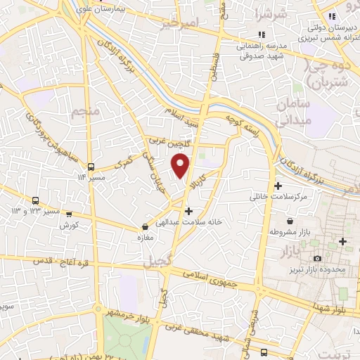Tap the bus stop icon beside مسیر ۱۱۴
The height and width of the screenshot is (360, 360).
[91, 167]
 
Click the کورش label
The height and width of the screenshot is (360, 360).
[68, 225]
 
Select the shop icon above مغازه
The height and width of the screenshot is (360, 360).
[145, 227]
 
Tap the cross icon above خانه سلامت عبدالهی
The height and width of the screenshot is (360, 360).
[188, 210]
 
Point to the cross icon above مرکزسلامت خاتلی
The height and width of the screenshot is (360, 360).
[279, 186]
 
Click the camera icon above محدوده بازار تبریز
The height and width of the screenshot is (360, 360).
[317, 259]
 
